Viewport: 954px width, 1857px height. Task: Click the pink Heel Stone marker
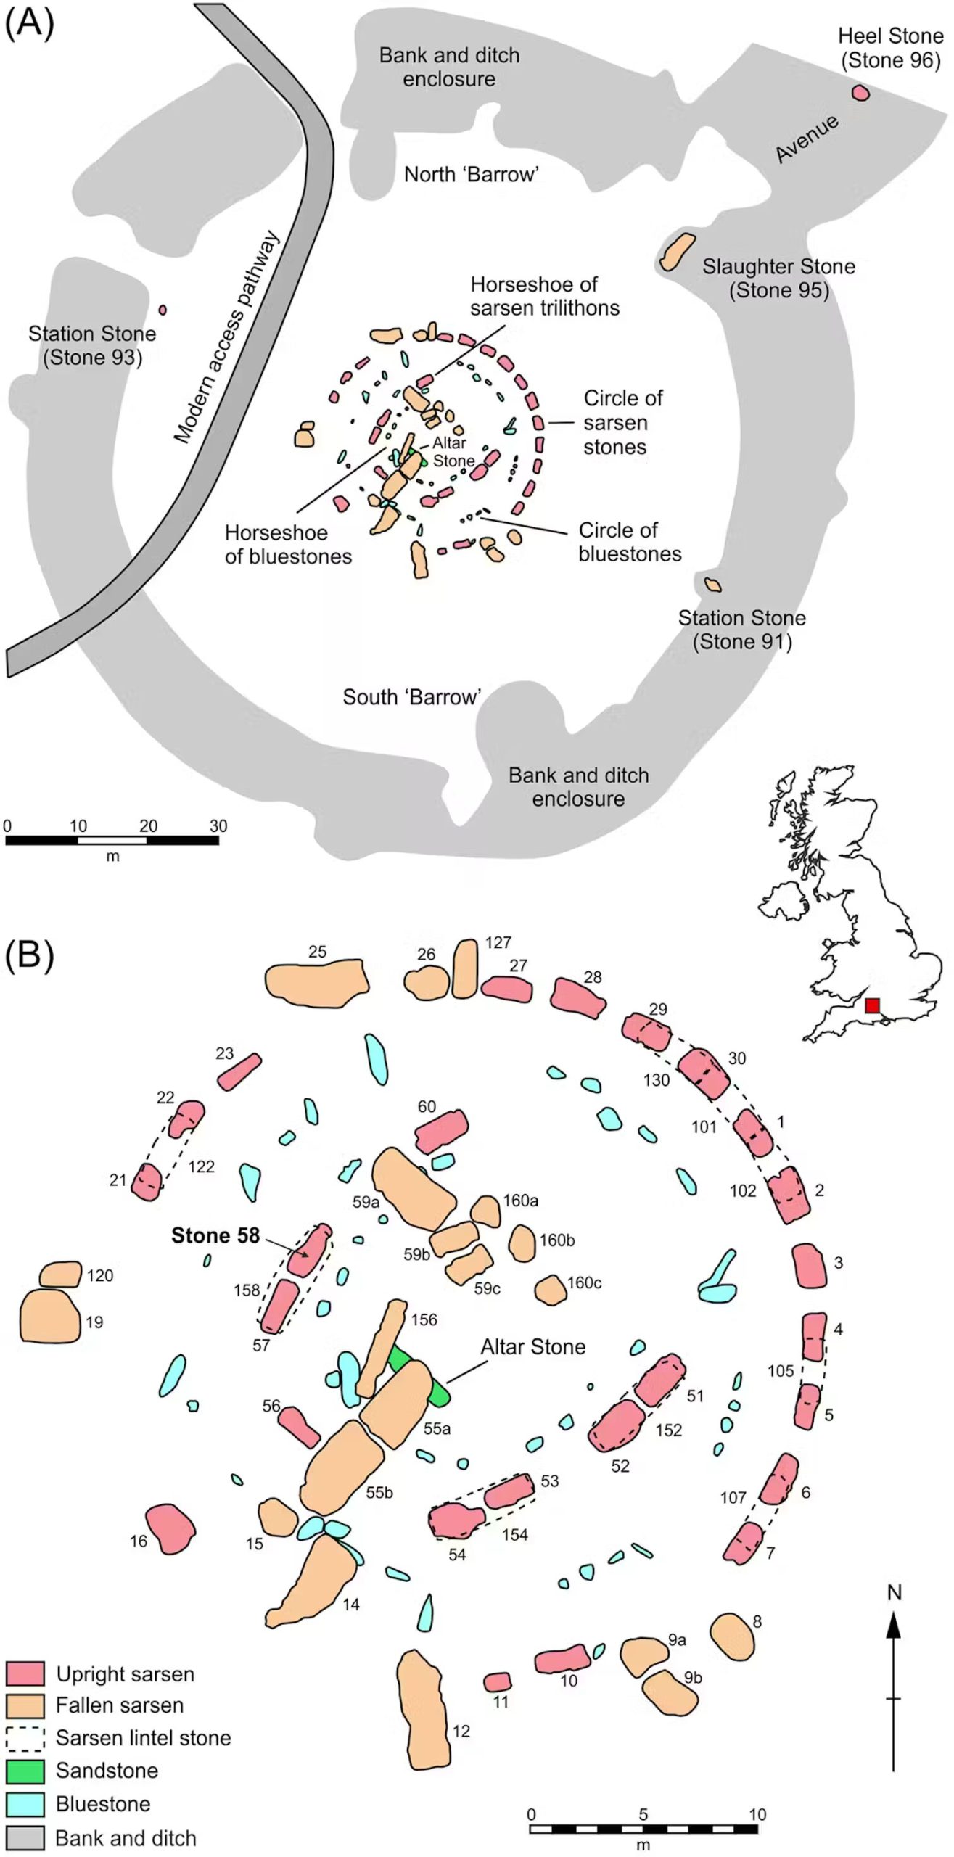point(860,93)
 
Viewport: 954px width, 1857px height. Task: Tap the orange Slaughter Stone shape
point(678,252)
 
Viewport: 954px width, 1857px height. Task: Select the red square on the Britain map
point(872,1005)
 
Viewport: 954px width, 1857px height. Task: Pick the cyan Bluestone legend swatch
point(25,1805)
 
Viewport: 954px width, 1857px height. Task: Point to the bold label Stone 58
point(215,1235)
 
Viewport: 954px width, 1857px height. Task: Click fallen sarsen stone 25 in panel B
point(316,983)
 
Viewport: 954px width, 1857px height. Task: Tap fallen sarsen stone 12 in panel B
point(424,1710)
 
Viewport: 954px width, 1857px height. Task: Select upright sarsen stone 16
point(170,1529)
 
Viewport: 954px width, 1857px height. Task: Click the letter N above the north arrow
point(894,1593)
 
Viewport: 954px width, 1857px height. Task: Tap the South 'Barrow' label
point(412,697)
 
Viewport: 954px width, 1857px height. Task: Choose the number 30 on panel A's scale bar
point(218,825)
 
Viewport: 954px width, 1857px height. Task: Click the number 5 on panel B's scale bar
point(643,1814)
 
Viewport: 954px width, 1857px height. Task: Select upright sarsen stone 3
point(810,1266)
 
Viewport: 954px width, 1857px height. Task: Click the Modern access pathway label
point(226,337)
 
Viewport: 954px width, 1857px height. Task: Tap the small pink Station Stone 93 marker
point(163,310)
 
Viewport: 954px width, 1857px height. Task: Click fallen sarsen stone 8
point(732,1636)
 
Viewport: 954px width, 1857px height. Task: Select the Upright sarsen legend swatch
point(25,1673)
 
